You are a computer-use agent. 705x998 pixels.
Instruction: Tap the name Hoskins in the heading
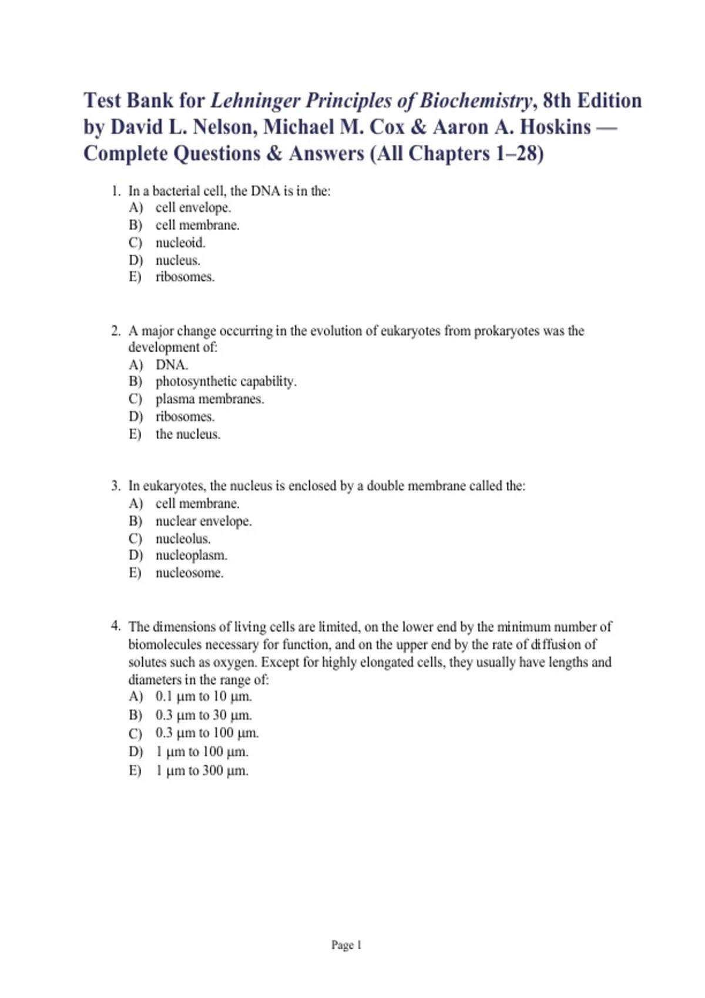[x=555, y=127]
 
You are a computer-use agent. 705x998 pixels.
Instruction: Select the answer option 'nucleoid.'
[x=180, y=242]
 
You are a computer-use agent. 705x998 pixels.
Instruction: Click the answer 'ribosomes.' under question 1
[x=185, y=277]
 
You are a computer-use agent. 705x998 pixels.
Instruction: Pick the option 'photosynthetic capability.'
[x=226, y=382]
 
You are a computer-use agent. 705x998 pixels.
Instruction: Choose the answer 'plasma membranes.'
[x=210, y=399]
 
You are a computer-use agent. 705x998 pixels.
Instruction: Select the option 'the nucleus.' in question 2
[x=188, y=434]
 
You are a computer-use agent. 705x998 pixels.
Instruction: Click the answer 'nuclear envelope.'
[x=203, y=521]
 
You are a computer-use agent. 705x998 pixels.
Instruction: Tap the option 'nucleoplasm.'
[x=191, y=555]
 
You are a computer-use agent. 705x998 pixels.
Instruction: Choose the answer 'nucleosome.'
[x=189, y=573]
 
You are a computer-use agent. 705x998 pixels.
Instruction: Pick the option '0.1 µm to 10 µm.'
[x=203, y=697]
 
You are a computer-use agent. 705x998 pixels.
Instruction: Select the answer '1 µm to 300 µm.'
[x=202, y=771]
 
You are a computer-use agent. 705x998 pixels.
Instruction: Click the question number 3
[x=116, y=486]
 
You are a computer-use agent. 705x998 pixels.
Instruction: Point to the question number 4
[x=116, y=626]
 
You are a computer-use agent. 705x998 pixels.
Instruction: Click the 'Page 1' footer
[x=347, y=945]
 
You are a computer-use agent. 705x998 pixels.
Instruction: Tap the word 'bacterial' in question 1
[x=176, y=191]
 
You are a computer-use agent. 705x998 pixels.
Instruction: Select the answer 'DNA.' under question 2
[x=172, y=365]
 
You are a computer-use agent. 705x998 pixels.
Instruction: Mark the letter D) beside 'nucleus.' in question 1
[x=136, y=260]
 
